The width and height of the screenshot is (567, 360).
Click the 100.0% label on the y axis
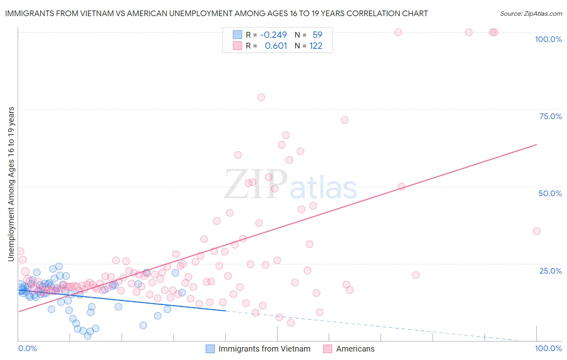pyautogui.click(x=548, y=39)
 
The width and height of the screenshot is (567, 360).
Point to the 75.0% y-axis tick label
pyautogui.click(x=550, y=116)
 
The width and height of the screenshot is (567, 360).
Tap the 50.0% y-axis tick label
pyautogui.click(x=550, y=193)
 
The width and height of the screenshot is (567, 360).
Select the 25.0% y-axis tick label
pyautogui.click(x=550, y=270)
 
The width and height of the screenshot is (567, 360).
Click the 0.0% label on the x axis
pyautogui.click(x=27, y=348)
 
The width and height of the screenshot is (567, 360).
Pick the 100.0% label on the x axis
pyautogui.click(x=548, y=348)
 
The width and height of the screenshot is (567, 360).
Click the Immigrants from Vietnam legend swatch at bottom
pyautogui.click(x=210, y=349)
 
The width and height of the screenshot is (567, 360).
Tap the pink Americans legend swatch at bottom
pyautogui.click(x=327, y=349)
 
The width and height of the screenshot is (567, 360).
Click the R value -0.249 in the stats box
pyautogui.click(x=273, y=35)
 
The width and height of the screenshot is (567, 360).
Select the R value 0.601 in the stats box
pyautogui.click(x=276, y=46)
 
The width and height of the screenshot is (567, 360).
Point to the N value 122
pyautogui.click(x=316, y=46)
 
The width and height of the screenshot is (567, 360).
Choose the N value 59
pyautogui.click(x=317, y=35)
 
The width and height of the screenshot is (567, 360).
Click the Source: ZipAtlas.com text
pyautogui.click(x=531, y=13)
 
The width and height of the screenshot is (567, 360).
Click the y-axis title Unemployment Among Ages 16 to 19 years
pyautogui.click(x=11, y=184)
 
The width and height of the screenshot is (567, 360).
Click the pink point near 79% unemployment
pyautogui.click(x=261, y=97)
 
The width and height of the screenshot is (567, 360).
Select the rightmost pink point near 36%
pyautogui.click(x=536, y=231)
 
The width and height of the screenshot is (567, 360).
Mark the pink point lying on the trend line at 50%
pyautogui.click(x=401, y=186)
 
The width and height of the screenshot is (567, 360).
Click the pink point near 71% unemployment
pyautogui.click(x=344, y=120)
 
